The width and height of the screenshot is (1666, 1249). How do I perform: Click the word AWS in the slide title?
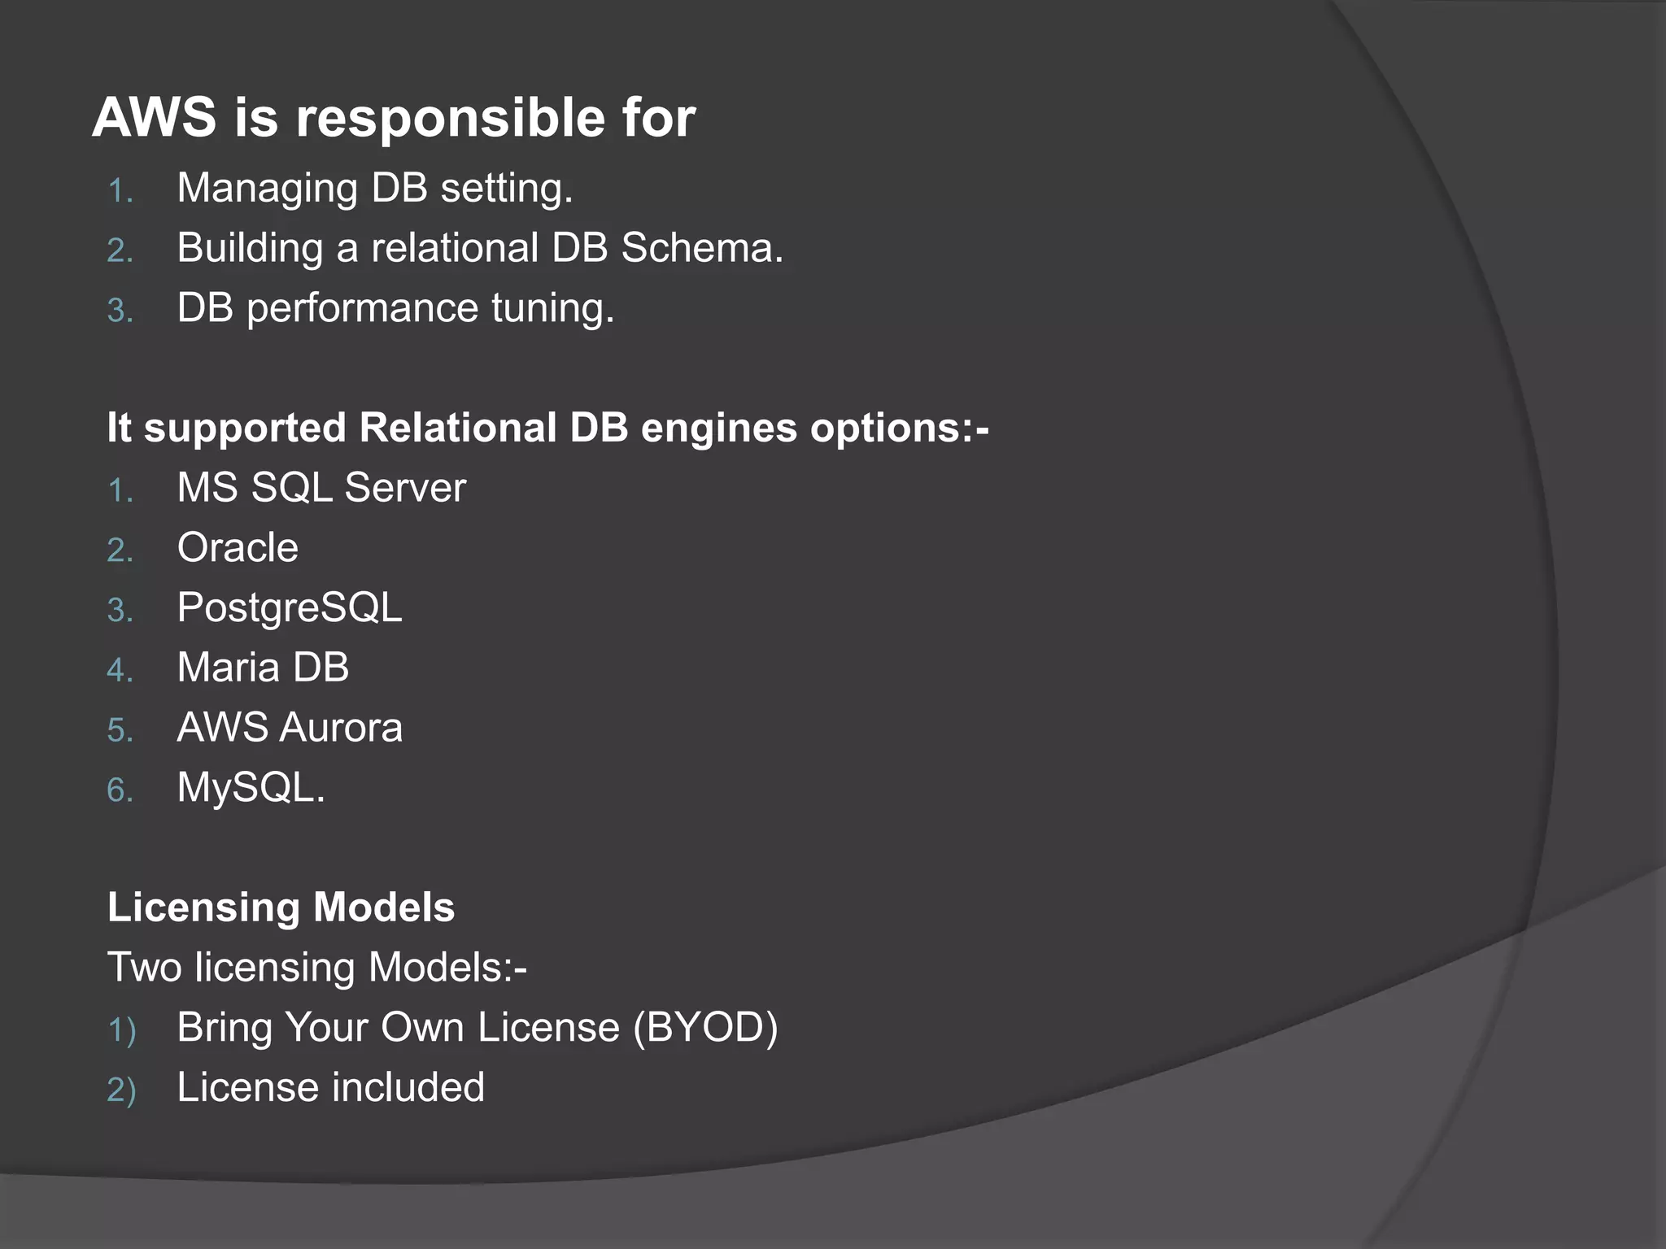click(x=154, y=118)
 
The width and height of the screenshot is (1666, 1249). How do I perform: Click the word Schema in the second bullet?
click(x=701, y=248)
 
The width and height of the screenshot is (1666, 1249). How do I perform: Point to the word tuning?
click(x=552, y=309)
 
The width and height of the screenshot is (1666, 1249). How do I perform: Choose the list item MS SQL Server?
click(x=321, y=488)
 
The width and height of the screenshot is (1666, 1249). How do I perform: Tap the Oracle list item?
click(x=238, y=548)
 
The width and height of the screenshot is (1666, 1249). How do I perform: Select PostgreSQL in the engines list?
click(x=290, y=608)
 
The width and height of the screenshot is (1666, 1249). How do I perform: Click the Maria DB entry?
click(x=263, y=668)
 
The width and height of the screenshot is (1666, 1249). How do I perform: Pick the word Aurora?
click(x=341, y=728)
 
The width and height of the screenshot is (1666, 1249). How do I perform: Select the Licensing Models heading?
click(x=281, y=907)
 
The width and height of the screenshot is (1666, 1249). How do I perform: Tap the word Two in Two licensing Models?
click(x=144, y=968)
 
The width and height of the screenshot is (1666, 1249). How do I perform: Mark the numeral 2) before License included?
click(x=120, y=1090)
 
